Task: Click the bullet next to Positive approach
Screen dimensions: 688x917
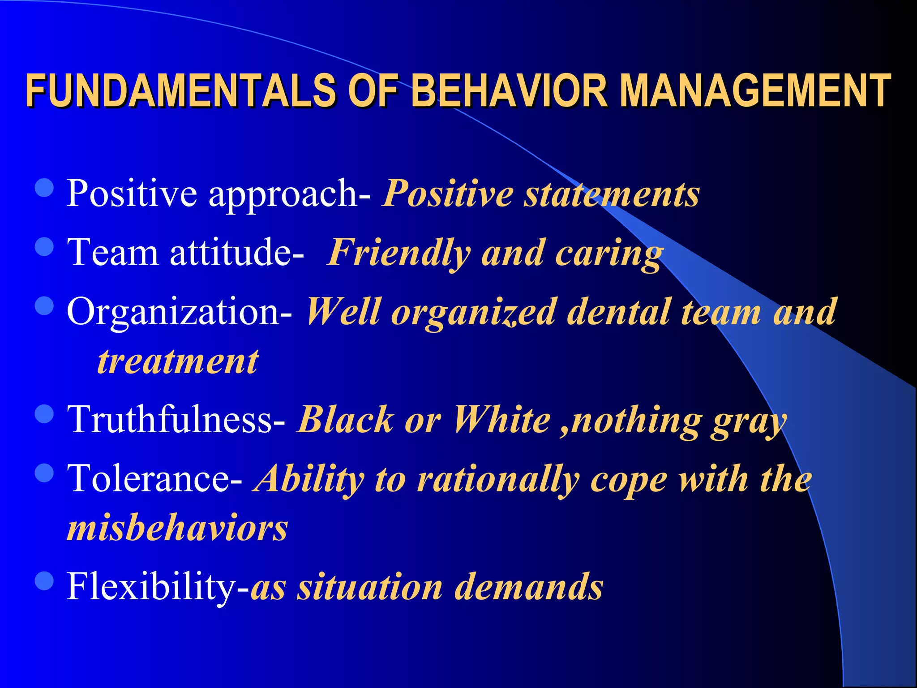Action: coord(44,188)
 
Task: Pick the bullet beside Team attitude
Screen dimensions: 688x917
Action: coord(44,247)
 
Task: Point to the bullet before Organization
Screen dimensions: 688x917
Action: coord(44,306)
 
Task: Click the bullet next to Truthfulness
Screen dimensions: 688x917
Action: coord(44,414)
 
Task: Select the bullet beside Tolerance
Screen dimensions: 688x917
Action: coord(44,473)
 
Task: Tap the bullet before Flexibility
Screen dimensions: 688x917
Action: coord(44,581)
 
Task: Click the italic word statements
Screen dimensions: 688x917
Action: coord(612,194)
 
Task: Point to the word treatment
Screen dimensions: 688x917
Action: coord(178,362)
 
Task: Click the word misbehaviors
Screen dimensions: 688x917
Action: coord(177,529)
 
